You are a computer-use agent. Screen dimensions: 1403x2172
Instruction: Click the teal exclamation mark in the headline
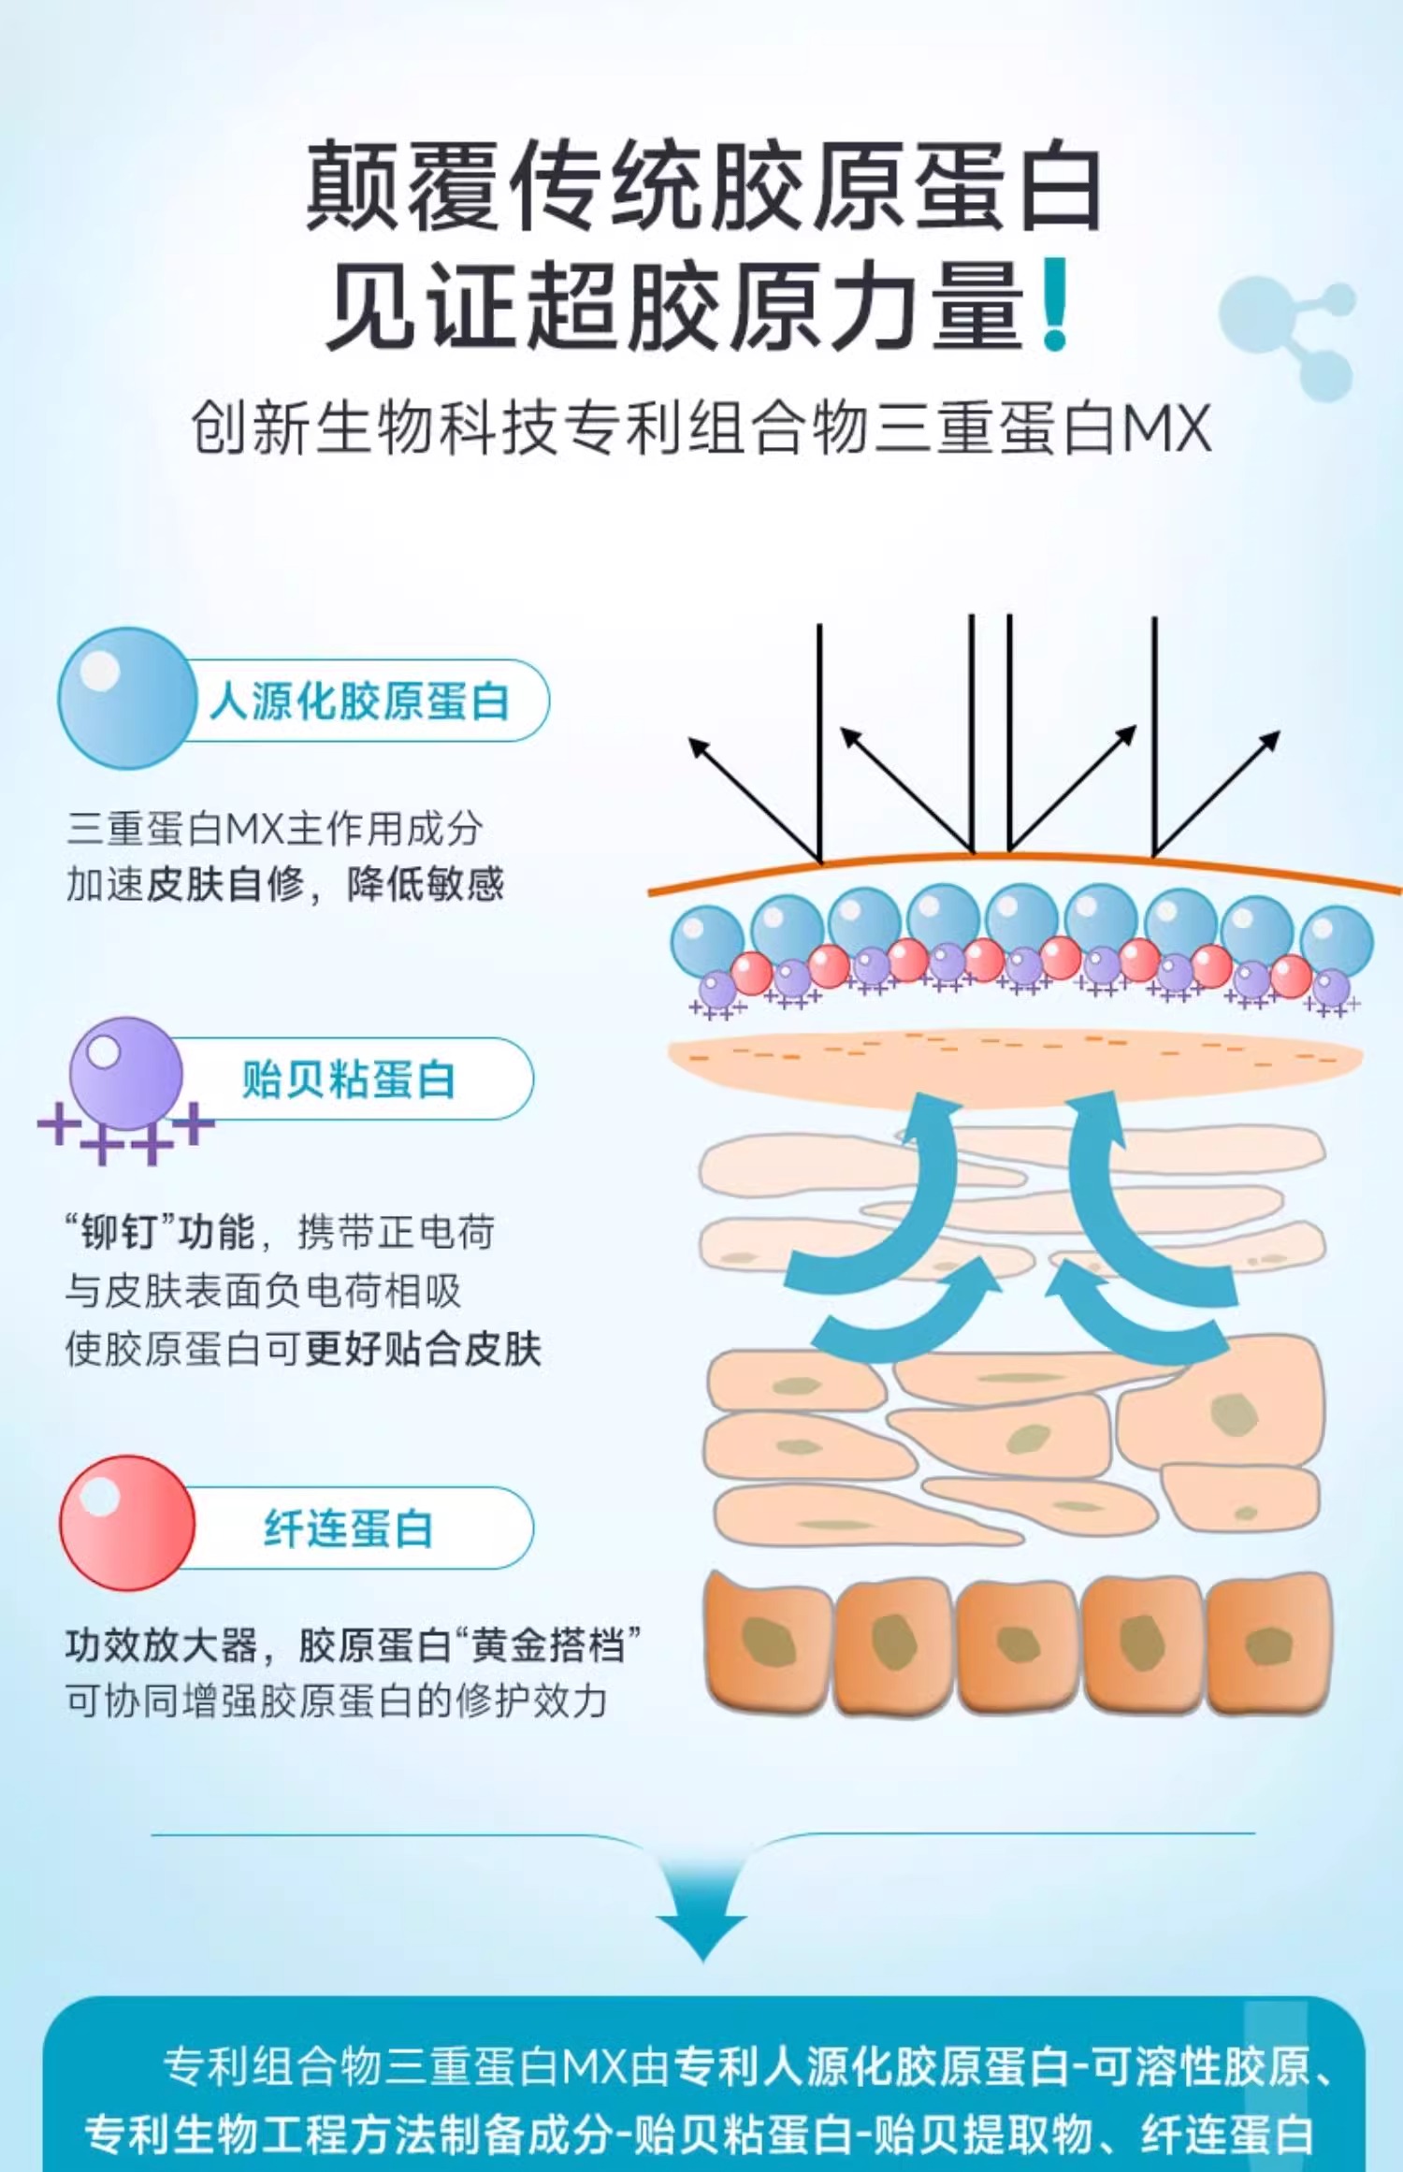(1055, 305)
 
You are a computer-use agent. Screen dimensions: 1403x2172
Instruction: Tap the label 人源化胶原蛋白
(359, 701)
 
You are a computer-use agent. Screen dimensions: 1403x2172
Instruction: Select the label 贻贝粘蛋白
(348, 1079)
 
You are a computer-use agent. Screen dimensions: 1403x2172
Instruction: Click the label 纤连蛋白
(348, 1528)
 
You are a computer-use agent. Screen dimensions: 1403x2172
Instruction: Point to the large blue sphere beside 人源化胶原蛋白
(127, 698)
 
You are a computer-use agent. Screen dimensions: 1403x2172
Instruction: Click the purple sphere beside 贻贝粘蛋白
(126, 1074)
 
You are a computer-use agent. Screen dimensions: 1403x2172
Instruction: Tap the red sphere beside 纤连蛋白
(127, 1523)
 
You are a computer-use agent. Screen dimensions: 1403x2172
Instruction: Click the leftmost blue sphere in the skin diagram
(707, 940)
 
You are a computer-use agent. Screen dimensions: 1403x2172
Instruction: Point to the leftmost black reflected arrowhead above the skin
(699, 747)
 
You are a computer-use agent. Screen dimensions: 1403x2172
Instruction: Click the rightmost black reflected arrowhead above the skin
(1269, 741)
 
